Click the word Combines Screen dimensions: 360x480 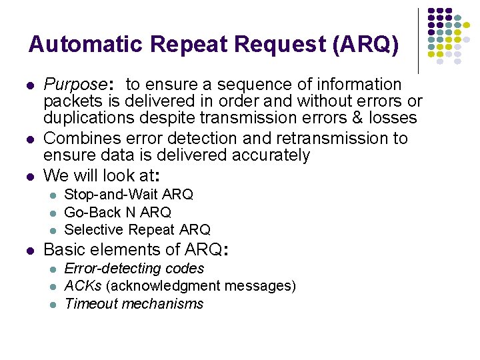77,139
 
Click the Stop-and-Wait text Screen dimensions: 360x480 111,195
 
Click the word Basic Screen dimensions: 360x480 65,250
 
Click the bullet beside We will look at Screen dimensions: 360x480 29,175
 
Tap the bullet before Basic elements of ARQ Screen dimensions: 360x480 29,251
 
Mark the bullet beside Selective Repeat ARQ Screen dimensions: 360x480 53,231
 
